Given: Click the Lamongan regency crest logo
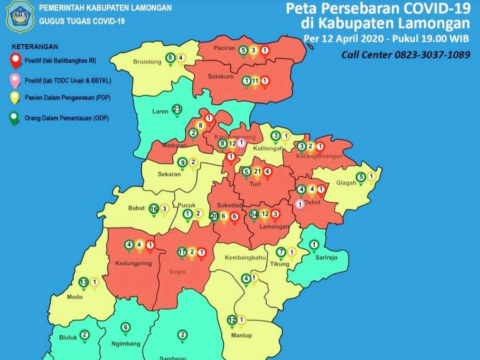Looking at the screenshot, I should (20, 16).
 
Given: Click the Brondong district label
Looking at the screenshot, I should (147, 62).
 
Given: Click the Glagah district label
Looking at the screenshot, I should (346, 183).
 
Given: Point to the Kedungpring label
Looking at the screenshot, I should (133, 263).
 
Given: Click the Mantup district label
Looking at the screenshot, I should (242, 335).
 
